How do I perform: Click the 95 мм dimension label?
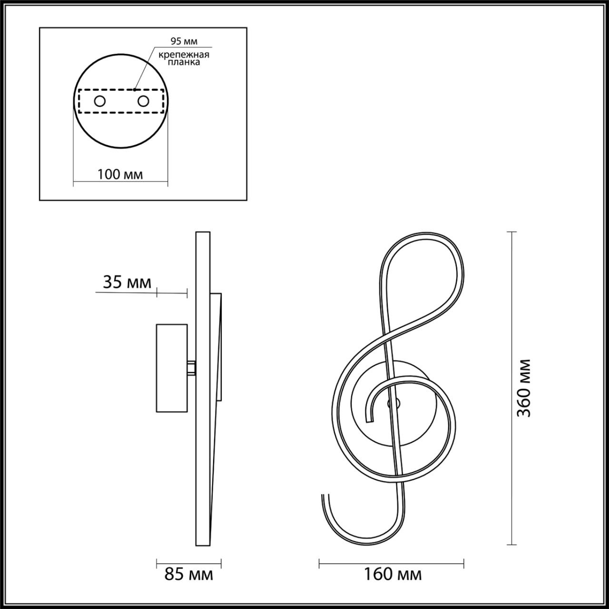click(x=184, y=41)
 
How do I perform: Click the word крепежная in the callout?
click(x=184, y=55)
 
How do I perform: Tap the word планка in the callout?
click(x=184, y=62)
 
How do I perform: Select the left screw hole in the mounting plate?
click(x=100, y=101)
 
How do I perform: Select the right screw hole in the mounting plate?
click(x=143, y=101)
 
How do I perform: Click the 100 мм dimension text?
click(x=120, y=175)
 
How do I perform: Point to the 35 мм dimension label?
click(x=127, y=282)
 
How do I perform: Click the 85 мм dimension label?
click(x=189, y=574)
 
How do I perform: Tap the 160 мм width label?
click(x=393, y=574)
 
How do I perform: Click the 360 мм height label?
click(x=523, y=388)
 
